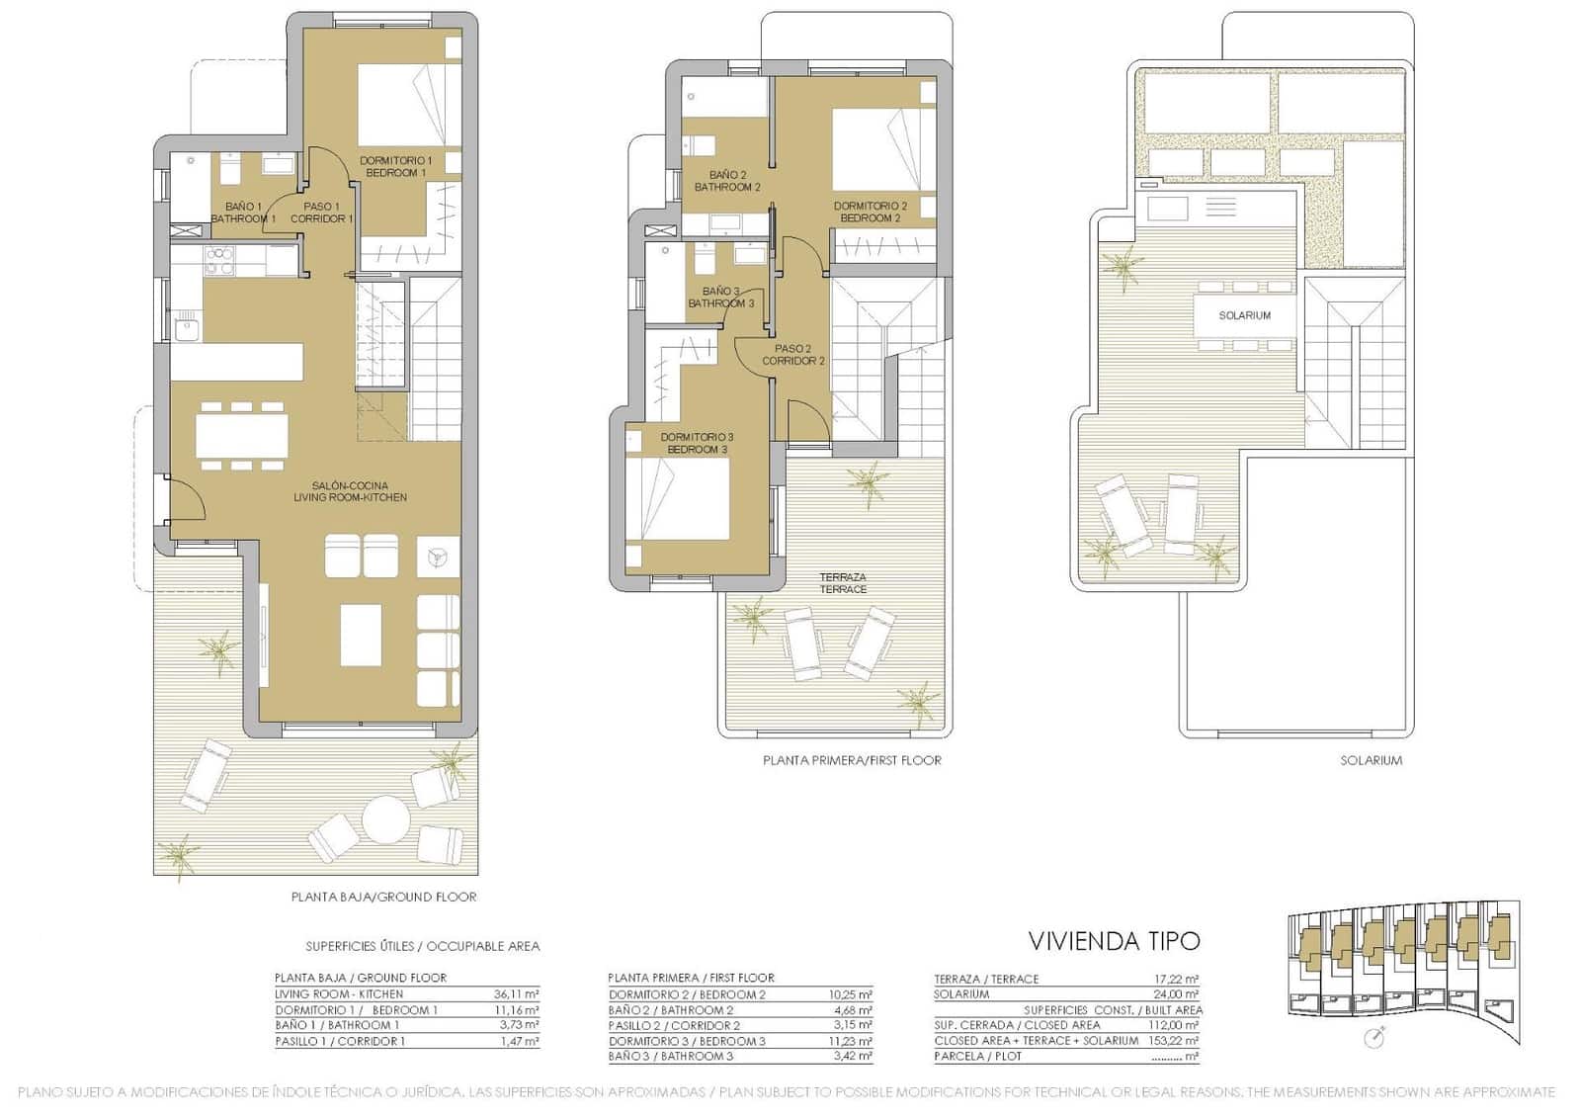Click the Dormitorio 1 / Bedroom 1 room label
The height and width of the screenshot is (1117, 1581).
pyautogui.click(x=395, y=166)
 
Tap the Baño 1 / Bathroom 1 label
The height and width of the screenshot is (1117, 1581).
pyautogui.click(x=242, y=213)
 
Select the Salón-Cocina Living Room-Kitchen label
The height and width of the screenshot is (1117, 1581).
pyautogui.click(x=350, y=491)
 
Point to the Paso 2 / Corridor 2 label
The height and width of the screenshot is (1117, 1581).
pyautogui.click(x=792, y=355)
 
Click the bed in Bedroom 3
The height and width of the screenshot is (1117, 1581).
pyautogui.click(x=678, y=497)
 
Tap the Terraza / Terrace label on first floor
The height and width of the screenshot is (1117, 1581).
pyautogui.click(x=843, y=583)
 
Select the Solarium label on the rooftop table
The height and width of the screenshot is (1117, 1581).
pyautogui.click(x=1244, y=315)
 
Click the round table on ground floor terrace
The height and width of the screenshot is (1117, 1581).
pyautogui.click(x=385, y=819)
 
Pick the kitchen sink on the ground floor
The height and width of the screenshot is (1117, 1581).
pyautogui.click(x=187, y=326)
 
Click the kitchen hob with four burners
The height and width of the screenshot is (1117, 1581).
pyautogui.click(x=219, y=260)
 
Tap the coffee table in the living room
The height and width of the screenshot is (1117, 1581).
pyautogui.click(x=361, y=635)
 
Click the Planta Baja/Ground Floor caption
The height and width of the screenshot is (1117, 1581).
pyautogui.click(x=383, y=898)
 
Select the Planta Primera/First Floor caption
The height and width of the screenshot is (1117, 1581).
pyautogui.click(x=852, y=760)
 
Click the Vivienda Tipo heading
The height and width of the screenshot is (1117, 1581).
pyautogui.click(x=1114, y=940)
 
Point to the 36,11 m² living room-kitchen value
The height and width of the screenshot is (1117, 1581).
pyautogui.click(x=516, y=994)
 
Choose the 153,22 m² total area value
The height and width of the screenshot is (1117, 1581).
pyautogui.click(x=1173, y=1041)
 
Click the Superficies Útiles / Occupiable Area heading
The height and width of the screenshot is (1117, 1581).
pyautogui.click(x=423, y=946)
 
